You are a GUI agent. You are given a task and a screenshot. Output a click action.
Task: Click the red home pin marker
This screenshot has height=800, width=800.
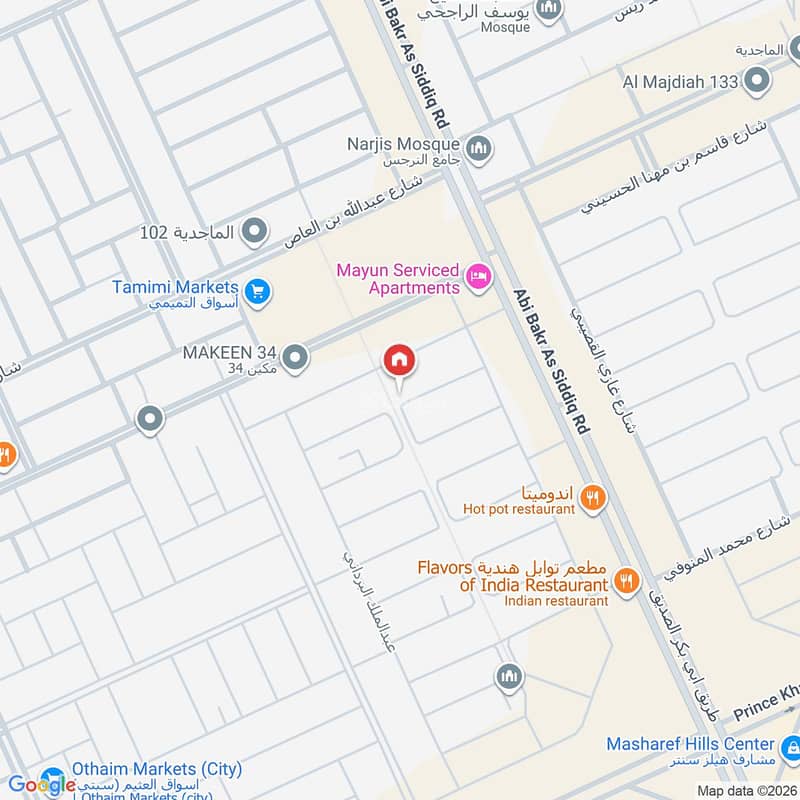click(x=399, y=361)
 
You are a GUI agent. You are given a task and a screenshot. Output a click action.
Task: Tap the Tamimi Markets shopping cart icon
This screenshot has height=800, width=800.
click(x=258, y=292)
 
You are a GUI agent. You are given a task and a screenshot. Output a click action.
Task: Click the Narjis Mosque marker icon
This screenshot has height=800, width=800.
click(x=480, y=148)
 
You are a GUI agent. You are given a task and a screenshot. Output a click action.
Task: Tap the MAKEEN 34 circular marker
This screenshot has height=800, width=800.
click(x=296, y=356)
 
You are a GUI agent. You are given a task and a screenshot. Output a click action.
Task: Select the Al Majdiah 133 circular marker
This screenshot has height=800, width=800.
click(x=758, y=79)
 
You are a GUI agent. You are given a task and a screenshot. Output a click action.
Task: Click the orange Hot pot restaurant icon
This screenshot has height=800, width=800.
click(x=593, y=497)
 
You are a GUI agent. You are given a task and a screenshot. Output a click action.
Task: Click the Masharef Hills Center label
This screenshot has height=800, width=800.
click(x=690, y=744)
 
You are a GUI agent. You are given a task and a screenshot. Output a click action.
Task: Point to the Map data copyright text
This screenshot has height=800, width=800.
click(x=745, y=791)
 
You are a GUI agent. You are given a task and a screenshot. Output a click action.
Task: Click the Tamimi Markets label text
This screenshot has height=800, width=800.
click(x=175, y=287)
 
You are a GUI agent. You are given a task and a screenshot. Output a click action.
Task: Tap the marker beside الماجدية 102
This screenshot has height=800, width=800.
click(x=255, y=232)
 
